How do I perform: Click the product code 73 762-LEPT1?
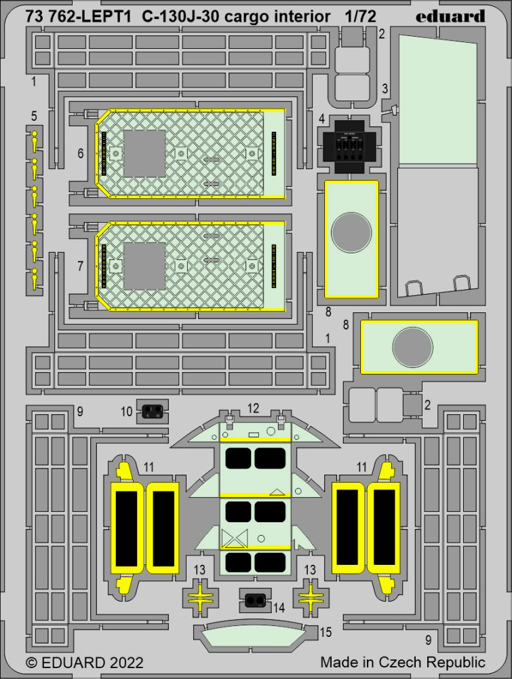coord(75,16)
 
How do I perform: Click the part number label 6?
coord(81,154)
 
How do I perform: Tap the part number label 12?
coord(253,408)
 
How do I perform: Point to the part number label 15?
coord(326,632)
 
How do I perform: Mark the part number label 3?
coord(385,89)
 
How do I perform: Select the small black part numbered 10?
coord(153,409)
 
